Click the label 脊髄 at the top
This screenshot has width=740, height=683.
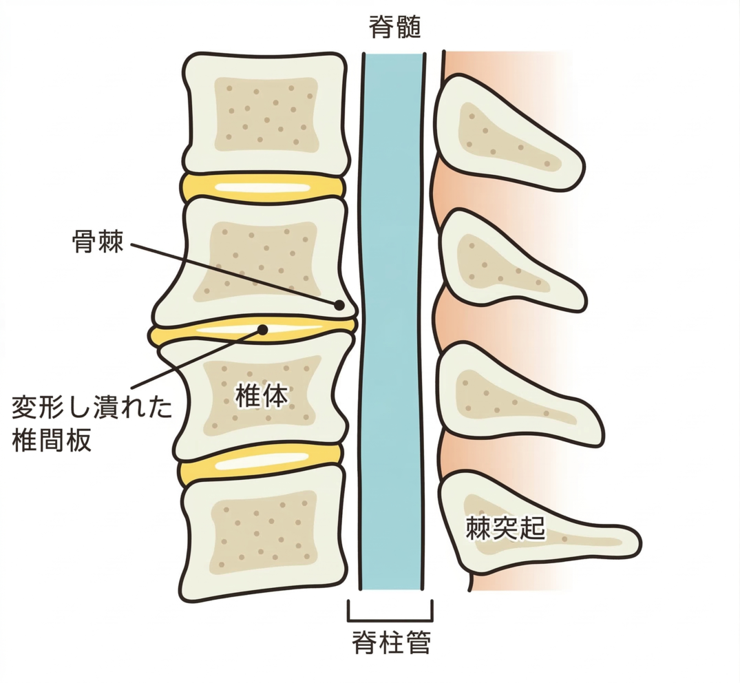point(394,28)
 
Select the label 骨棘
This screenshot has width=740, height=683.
point(98,242)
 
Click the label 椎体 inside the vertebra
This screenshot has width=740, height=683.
point(261,396)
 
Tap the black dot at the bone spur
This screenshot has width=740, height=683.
point(339,304)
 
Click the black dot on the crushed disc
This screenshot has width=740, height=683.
point(262,328)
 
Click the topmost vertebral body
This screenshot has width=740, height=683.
point(265,114)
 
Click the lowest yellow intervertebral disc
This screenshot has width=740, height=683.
point(260,462)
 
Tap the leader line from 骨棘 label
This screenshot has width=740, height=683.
point(234,274)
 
